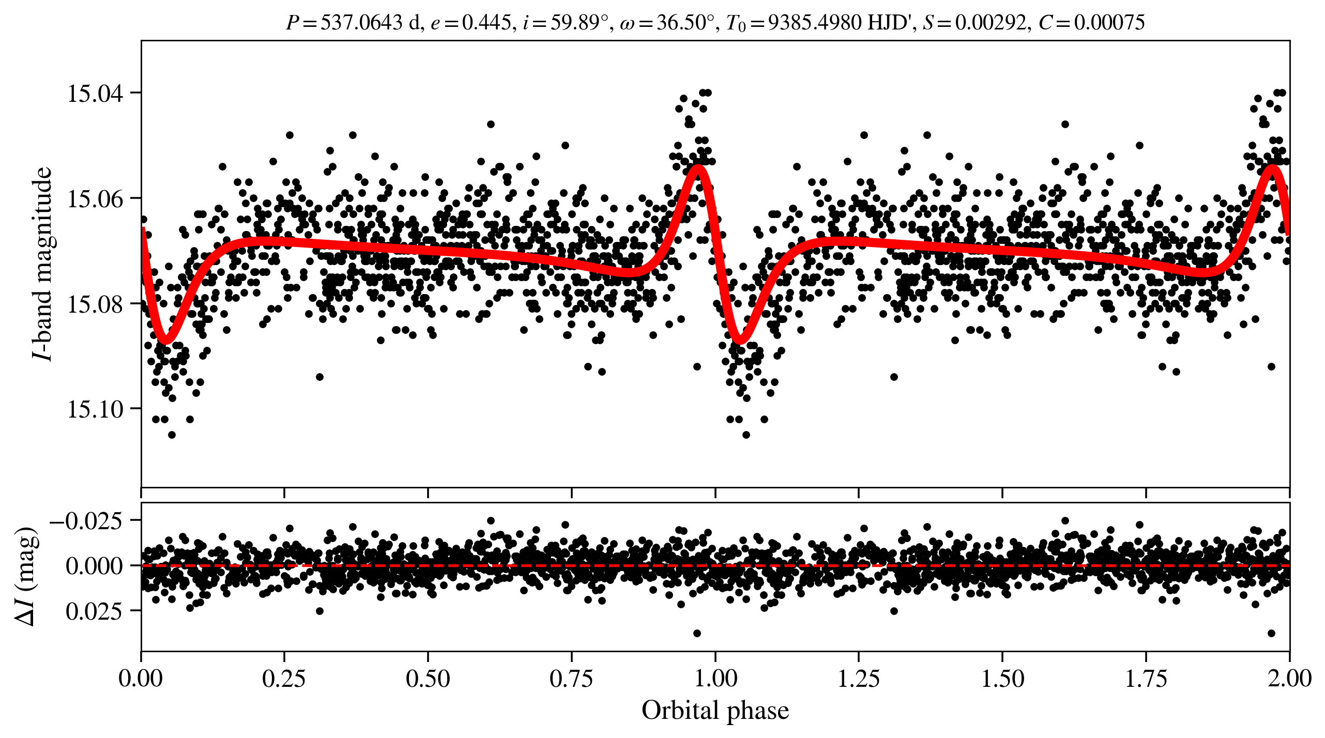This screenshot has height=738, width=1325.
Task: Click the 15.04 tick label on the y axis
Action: (95, 94)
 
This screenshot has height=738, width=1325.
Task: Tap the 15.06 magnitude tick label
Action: (95, 198)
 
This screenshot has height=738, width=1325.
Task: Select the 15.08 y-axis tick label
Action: (95, 304)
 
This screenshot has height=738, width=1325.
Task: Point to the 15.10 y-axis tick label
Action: (95, 409)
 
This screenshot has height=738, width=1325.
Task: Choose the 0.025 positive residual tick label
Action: (94, 611)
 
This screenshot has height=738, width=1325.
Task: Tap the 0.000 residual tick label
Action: (94, 566)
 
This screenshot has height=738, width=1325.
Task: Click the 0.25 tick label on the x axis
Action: (284, 679)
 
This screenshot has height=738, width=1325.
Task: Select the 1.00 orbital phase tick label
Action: (715, 679)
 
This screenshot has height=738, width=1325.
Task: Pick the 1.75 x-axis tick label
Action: (1146, 679)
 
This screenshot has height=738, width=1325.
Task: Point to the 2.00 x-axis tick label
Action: (1289, 679)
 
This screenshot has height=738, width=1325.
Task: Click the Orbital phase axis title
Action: (715, 711)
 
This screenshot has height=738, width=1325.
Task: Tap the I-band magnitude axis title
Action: (41, 264)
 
